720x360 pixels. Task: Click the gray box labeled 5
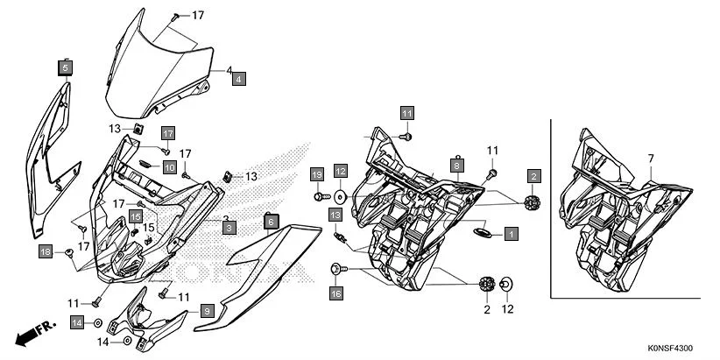pyautogui.click(x=67, y=67)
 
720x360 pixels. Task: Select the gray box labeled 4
pyautogui.click(x=238, y=79)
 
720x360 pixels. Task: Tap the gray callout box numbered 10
pyautogui.click(x=169, y=166)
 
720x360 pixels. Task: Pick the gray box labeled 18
pyautogui.click(x=46, y=252)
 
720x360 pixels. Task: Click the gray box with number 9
pyautogui.click(x=207, y=310)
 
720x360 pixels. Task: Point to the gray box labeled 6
pyautogui.click(x=271, y=222)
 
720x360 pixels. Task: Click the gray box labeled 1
pyautogui.click(x=511, y=234)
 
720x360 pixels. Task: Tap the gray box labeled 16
pyautogui.click(x=336, y=293)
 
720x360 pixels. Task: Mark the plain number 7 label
pyautogui.click(x=651, y=159)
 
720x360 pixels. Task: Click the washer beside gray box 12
pyautogui.click(x=340, y=196)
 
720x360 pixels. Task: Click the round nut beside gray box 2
pyautogui.click(x=530, y=202)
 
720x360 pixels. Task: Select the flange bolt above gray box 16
pyautogui.click(x=336, y=267)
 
